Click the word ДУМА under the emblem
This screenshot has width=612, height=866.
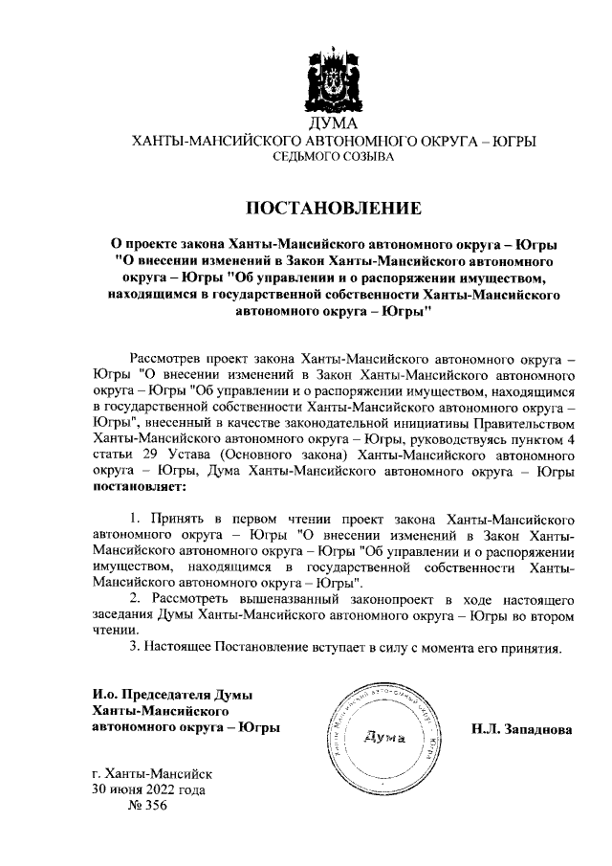pyautogui.click(x=333, y=124)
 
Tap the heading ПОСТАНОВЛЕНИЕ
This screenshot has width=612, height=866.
pyautogui.click(x=333, y=208)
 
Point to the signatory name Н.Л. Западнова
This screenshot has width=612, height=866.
pyautogui.click(x=520, y=730)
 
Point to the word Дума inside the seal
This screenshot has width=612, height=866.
pyautogui.click(x=386, y=738)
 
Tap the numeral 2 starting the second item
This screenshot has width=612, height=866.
pyautogui.click(x=135, y=598)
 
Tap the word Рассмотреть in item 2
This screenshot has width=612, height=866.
pyautogui.click(x=187, y=598)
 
